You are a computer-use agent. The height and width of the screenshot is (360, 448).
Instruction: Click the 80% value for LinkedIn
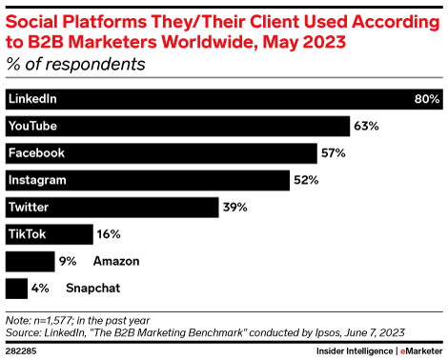[x=425, y=99]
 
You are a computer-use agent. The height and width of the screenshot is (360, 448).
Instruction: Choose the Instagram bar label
[x=37, y=180]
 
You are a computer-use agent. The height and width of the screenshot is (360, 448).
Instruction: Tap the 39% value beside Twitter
[x=234, y=207]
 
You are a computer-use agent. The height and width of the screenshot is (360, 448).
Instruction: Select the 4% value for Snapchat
[x=41, y=287]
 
